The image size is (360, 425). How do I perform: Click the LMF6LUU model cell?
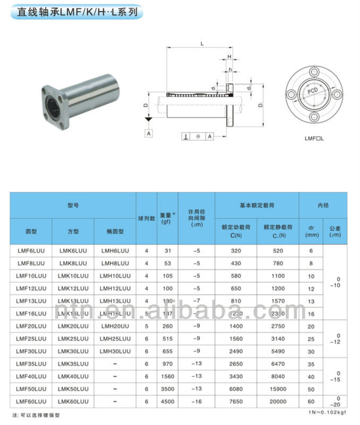pos(31,251)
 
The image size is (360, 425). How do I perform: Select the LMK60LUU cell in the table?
pos(73,402)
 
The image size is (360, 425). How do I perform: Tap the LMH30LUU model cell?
pos(115,352)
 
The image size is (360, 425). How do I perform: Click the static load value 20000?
pos(278,402)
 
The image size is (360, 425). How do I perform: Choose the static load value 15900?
pos(278,389)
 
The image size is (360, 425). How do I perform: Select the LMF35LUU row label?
pos(31,364)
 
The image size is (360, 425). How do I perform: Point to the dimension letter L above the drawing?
pos(202,43)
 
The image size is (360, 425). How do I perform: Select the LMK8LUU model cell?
pos(73,263)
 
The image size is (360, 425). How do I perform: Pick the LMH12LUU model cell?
pos(115,288)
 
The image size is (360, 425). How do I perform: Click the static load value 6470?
pos(278,364)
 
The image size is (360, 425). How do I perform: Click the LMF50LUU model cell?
pos(31,389)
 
